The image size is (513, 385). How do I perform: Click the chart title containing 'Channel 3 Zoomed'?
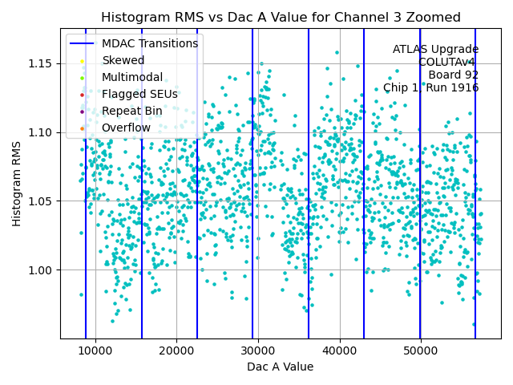(x=281, y=18)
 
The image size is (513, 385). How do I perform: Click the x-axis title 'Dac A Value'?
(x=280, y=367)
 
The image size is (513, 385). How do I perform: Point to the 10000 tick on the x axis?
(x=95, y=351)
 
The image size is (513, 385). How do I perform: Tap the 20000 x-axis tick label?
(x=176, y=351)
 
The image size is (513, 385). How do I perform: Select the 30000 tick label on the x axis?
(x=258, y=351)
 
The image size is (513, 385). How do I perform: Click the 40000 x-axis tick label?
(x=339, y=351)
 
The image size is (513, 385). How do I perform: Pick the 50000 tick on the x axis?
(x=421, y=351)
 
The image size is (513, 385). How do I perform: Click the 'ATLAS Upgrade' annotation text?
(x=435, y=49)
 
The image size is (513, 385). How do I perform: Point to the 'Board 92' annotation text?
(x=453, y=75)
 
